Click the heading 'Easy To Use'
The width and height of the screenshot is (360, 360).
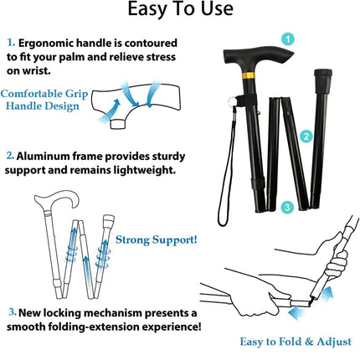[x=179, y=12]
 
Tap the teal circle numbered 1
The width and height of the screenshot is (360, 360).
[x=287, y=39]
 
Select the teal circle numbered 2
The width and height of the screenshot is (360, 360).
[x=307, y=135]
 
